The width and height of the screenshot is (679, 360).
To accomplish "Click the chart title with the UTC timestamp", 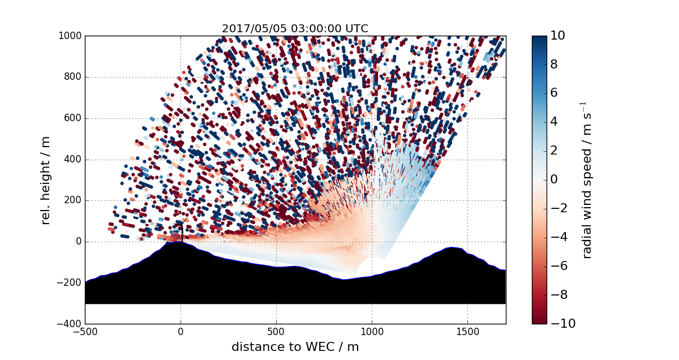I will click(x=295, y=28).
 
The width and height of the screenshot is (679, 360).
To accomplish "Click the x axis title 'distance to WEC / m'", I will click(x=295, y=347).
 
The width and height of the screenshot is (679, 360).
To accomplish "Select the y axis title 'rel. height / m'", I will click(x=46, y=179).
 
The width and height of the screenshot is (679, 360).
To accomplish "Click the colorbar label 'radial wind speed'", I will click(x=587, y=179).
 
